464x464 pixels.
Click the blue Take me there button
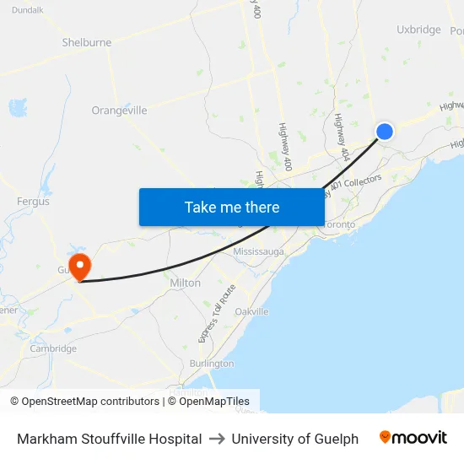tap(232, 207)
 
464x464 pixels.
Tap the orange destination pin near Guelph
tap(80, 267)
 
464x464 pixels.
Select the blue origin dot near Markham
tap(384, 131)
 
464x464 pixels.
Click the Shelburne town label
tap(86, 42)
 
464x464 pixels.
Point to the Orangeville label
tap(119, 111)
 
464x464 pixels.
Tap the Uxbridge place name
tap(418, 30)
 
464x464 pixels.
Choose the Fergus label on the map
tap(33, 202)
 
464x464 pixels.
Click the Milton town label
tap(186, 283)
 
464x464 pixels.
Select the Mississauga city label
tap(259, 251)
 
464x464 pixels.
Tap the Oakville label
tap(251, 311)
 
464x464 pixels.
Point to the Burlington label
tap(212, 363)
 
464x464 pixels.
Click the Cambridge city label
tap(53, 348)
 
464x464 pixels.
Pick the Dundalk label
tap(28, 10)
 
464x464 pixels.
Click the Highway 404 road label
tap(342, 137)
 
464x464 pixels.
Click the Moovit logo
tap(413, 438)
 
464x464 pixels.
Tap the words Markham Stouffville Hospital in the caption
tap(110, 439)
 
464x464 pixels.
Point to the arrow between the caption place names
tap(217, 439)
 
